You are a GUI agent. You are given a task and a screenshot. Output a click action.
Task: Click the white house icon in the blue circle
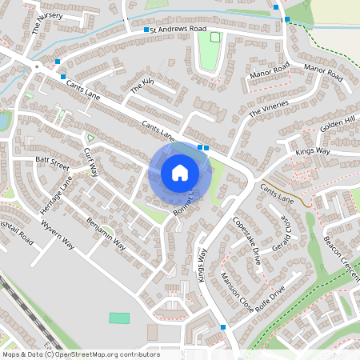[x=180, y=172]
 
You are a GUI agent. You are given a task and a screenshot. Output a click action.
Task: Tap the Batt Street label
[x=53, y=162]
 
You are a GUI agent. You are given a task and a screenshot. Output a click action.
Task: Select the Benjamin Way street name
[x=106, y=232]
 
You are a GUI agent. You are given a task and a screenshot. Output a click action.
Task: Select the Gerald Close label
[x=286, y=234]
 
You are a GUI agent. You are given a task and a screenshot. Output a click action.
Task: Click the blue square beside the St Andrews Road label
[x=146, y=30]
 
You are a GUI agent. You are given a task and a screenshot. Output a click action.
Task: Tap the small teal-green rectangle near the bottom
[x=118, y=318]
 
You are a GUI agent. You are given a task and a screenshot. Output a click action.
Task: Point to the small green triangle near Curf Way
[x=90, y=138]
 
